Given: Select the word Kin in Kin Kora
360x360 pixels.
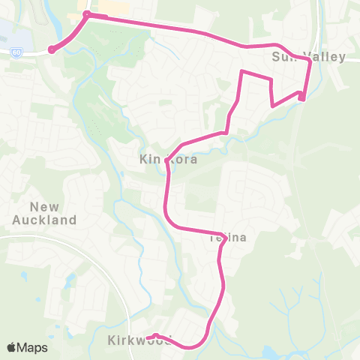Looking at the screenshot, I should pyautogui.click(x=148, y=159).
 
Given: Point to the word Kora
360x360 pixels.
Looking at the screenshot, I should pyautogui.click(x=184, y=159).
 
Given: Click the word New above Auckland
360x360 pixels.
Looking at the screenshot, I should pyautogui.click(x=44, y=206).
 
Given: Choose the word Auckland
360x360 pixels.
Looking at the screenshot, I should pyautogui.click(x=44, y=220).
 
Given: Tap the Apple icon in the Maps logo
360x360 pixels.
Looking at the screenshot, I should pyautogui.click(x=12, y=347).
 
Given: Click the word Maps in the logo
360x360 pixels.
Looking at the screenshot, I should pyautogui.click(x=33, y=347).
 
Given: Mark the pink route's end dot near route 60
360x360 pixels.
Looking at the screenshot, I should pyautogui.click(x=52, y=49).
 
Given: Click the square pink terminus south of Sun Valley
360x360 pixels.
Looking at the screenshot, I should pyautogui.click(x=301, y=95).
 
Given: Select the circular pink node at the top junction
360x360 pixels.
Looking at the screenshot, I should pyautogui.click(x=87, y=14).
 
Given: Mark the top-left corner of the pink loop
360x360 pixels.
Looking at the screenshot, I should pyautogui.click(x=241, y=71).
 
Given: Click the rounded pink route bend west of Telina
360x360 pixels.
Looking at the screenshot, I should pyautogui.click(x=168, y=220).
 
